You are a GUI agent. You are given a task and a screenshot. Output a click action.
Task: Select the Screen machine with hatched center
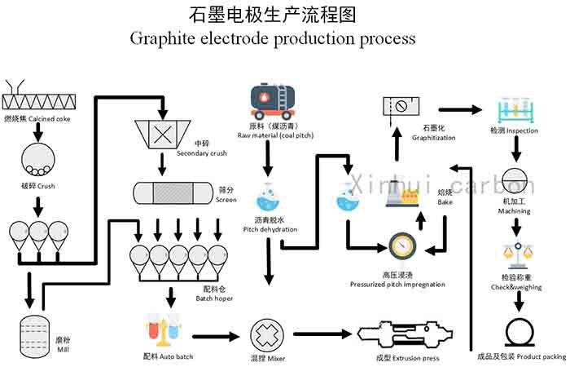point(172,192)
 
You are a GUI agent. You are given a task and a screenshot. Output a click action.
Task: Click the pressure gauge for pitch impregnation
point(402,246)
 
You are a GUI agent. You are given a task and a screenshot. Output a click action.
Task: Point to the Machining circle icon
point(516,180)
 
